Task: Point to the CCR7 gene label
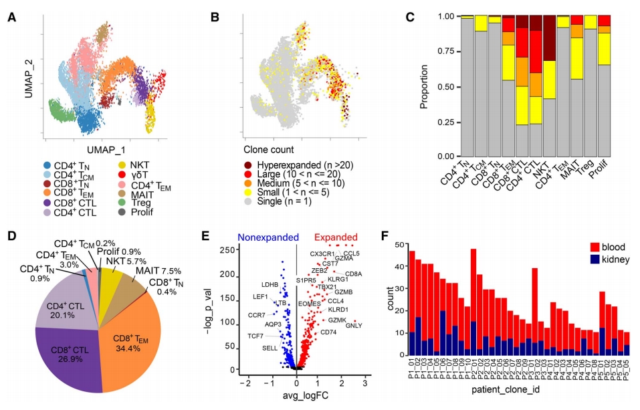[x=256, y=314]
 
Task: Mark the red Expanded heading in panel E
[x=336, y=237]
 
